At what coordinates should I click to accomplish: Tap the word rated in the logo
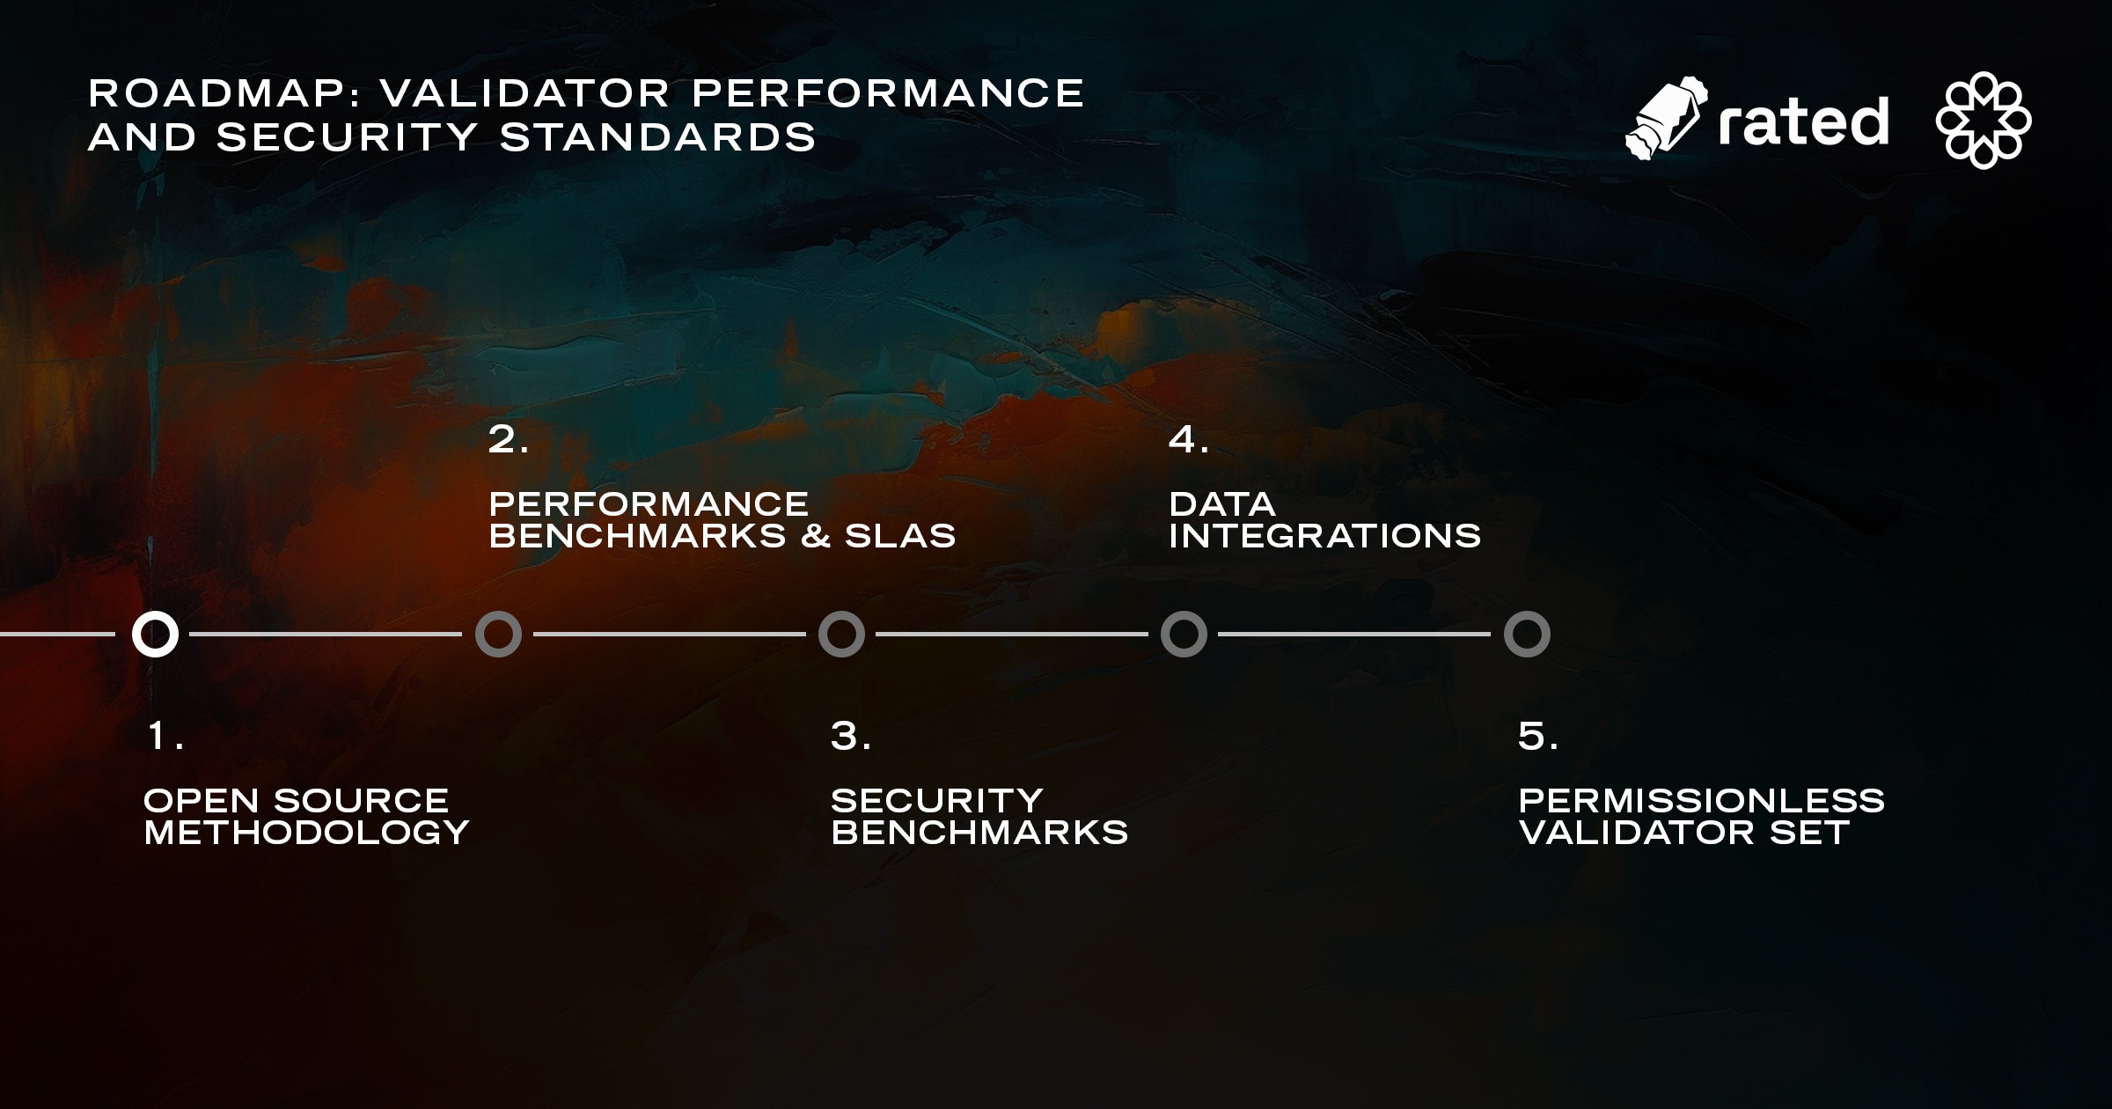[1803, 121]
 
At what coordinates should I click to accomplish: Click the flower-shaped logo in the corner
[1984, 120]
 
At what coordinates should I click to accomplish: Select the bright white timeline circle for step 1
[155, 634]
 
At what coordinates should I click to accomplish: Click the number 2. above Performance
[509, 439]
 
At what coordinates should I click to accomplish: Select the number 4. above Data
[1189, 439]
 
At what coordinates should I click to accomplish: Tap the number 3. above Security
[851, 736]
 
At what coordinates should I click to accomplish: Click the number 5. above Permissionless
[1538, 736]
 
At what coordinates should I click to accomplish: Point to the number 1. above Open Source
[165, 736]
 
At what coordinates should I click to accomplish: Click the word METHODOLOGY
[306, 833]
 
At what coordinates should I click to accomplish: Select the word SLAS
[900, 536]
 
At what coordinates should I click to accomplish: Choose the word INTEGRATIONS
[1325, 536]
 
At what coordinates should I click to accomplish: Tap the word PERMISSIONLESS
[1702, 801]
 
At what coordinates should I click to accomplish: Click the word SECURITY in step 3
[937, 801]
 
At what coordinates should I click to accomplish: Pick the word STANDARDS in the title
[658, 137]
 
